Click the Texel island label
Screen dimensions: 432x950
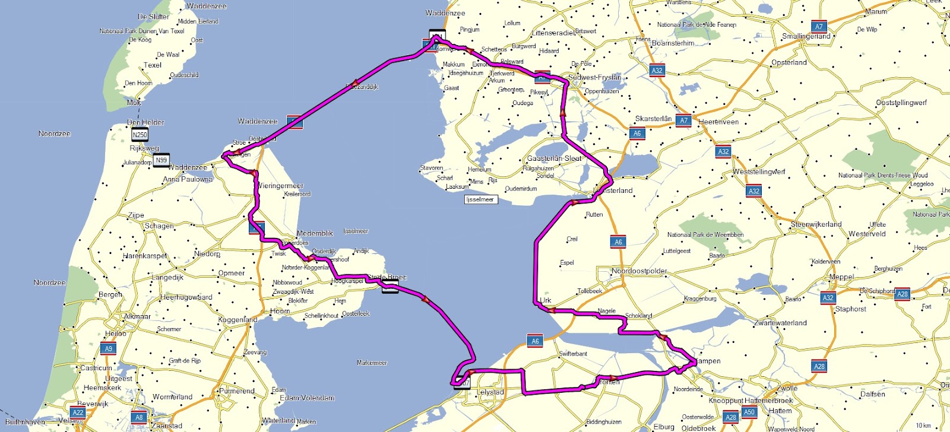tap(152, 65)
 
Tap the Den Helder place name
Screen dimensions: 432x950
tap(145, 122)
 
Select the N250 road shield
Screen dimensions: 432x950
tap(140, 135)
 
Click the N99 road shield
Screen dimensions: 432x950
tap(161, 160)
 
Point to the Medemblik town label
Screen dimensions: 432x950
tap(315, 233)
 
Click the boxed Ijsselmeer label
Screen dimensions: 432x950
tap(480, 199)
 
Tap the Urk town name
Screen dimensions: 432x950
tap(546, 300)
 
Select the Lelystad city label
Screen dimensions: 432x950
tap(490, 392)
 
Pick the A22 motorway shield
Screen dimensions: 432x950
tap(78, 412)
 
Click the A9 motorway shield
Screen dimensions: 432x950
tap(107, 348)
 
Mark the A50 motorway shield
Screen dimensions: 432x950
tap(749, 412)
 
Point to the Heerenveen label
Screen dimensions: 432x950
tap(718, 122)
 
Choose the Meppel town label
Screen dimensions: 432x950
tap(841, 277)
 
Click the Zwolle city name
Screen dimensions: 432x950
tap(787, 388)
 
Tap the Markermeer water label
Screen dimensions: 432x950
tap(372, 363)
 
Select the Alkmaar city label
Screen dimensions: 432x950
tap(137, 316)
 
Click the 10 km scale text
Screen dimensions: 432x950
tap(923, 425)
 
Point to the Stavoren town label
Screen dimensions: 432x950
tap(431, 168)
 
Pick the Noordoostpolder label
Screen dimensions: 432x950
tap(639, 271)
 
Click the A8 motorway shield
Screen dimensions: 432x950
tap(139, 417)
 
